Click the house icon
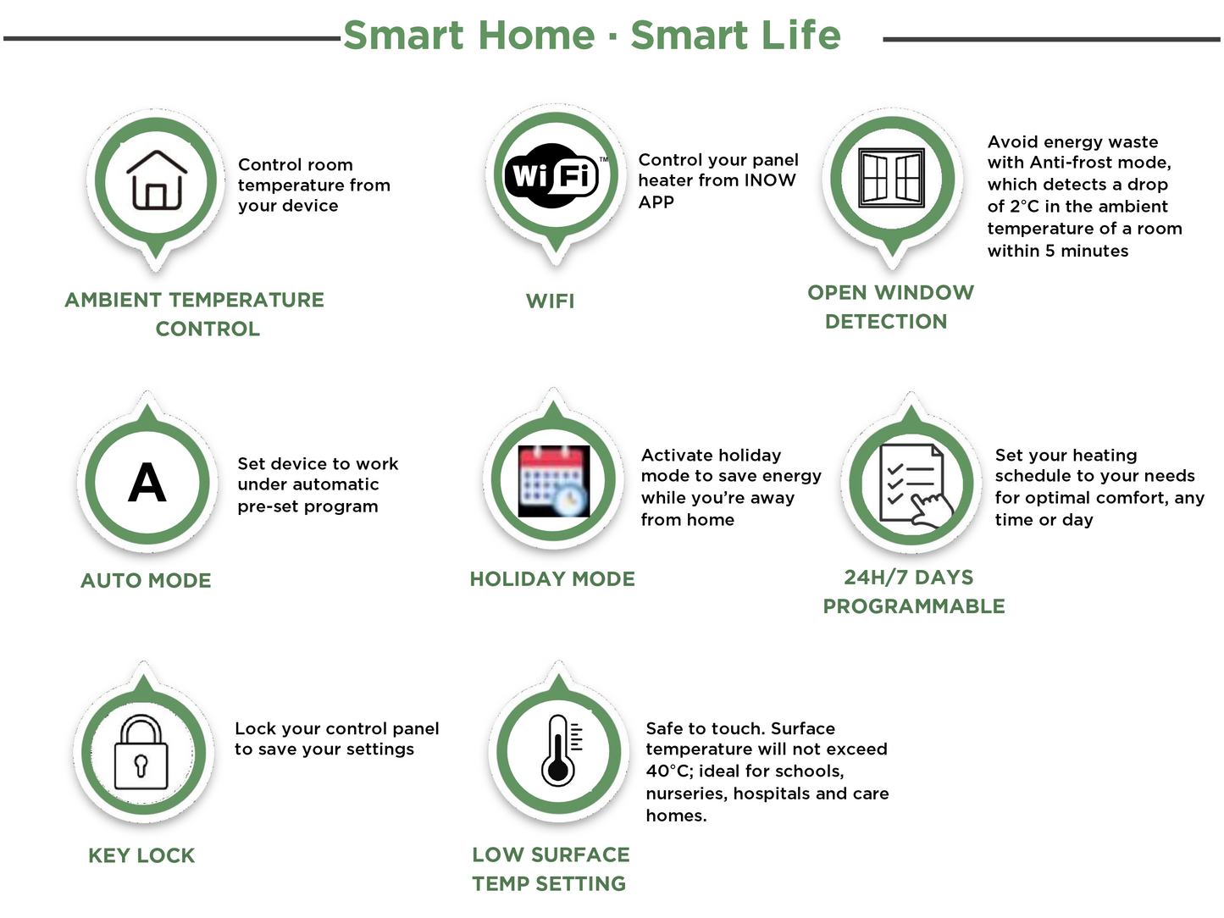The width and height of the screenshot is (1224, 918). tap(157, 180)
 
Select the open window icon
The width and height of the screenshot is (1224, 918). tap(891, 178)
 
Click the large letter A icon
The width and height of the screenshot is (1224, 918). tap(147, 482)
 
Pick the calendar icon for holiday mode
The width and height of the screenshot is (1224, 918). tap(554, 481)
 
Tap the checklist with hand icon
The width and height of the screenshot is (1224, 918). tap(915, 485)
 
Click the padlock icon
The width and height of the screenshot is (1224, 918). tap(141, 752)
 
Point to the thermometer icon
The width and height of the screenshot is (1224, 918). tap(561, 750)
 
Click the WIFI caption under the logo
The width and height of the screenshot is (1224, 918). tap(550, 301)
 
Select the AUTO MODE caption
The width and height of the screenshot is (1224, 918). tap(146, 580)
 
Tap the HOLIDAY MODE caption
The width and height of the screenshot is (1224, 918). tap(552, 578)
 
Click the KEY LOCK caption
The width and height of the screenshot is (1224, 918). tap(141, 855)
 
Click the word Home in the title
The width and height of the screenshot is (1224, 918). tap(536, 35)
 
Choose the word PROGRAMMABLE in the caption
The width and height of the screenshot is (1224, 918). tap(914, 606)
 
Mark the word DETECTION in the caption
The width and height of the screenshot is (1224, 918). tap(886, 321)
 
